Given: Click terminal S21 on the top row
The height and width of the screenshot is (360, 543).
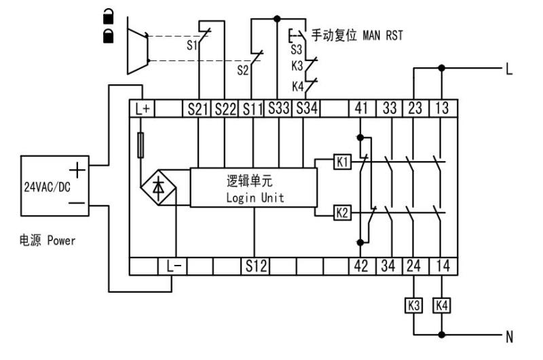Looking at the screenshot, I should point(199,107).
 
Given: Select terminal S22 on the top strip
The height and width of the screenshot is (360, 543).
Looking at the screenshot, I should point(225,107).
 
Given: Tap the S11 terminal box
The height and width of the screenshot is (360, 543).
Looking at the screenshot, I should point(252,107).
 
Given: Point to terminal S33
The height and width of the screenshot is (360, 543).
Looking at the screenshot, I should point(278,107).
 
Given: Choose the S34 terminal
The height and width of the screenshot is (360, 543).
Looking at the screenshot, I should point(305,107).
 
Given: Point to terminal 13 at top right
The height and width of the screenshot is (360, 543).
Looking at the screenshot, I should point(443,107).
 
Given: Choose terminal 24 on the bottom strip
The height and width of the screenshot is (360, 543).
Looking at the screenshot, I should point(415,267).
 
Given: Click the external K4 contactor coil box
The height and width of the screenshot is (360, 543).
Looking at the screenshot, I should point(442,306).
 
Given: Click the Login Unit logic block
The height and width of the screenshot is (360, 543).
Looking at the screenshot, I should point(252,187).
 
